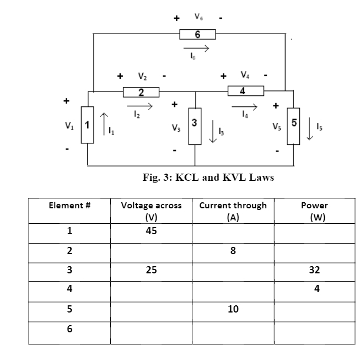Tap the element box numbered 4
[242, 90]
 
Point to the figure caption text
[208, 177]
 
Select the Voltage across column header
[151, 211]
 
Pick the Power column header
[314, 211]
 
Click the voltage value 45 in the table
[151, 231]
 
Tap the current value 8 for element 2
[233, 251]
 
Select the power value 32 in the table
[315, 271]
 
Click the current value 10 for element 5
[233, 309]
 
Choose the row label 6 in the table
[69, 329]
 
